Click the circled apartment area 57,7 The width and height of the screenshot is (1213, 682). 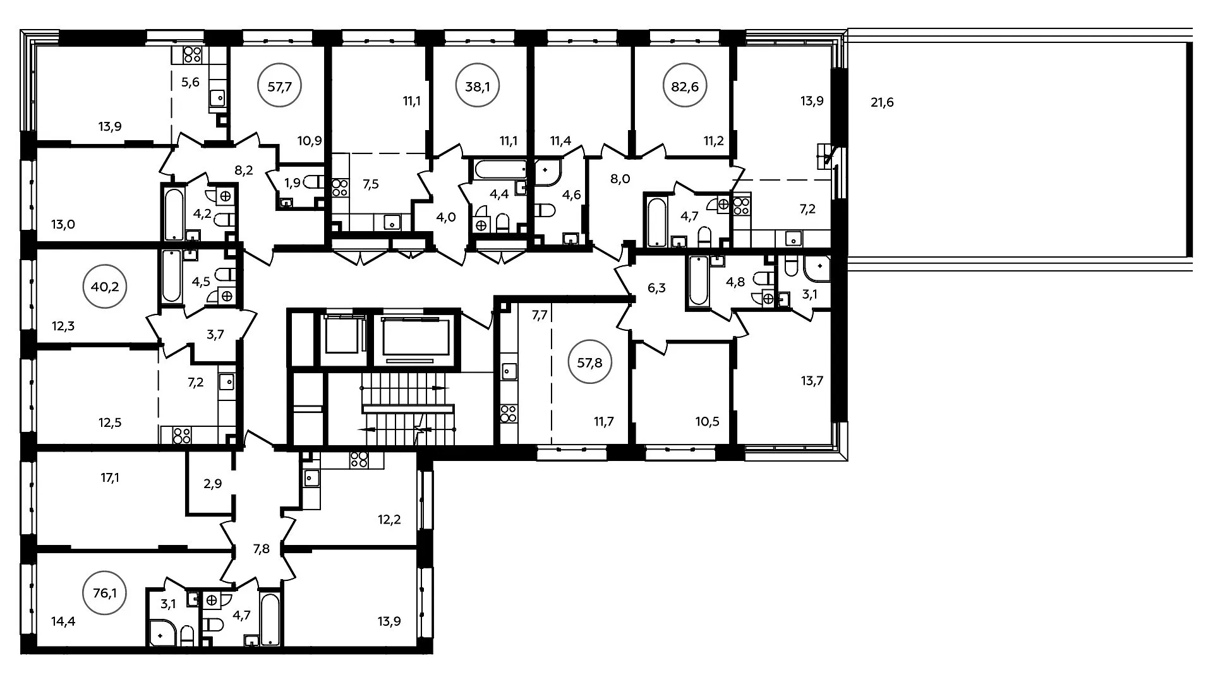(279, 87)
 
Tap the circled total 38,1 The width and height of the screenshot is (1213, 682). (478, 87)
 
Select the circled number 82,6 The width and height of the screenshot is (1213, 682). (685, 87)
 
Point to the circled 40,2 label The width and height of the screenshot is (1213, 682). (105, 287)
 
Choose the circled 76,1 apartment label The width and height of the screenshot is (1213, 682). (105, 593)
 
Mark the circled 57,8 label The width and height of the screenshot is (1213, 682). (590, 363)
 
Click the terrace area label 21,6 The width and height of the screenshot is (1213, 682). (882, 102)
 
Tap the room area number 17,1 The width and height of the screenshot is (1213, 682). (110, 478)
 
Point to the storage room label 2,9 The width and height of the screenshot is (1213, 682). (213, 484)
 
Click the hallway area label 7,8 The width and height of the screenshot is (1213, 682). (261, 549)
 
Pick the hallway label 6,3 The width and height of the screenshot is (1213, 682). (657, 289)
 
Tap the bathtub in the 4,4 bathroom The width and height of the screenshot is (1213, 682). (500, 169)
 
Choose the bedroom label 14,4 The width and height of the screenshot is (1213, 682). (63, 621)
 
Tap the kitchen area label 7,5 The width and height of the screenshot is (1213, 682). (371, 184)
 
